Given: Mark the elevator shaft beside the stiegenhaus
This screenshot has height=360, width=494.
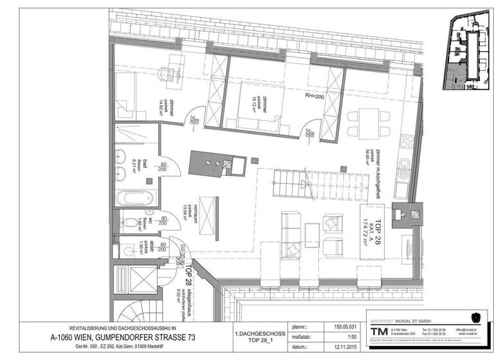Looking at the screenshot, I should click(x=134, y=282).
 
